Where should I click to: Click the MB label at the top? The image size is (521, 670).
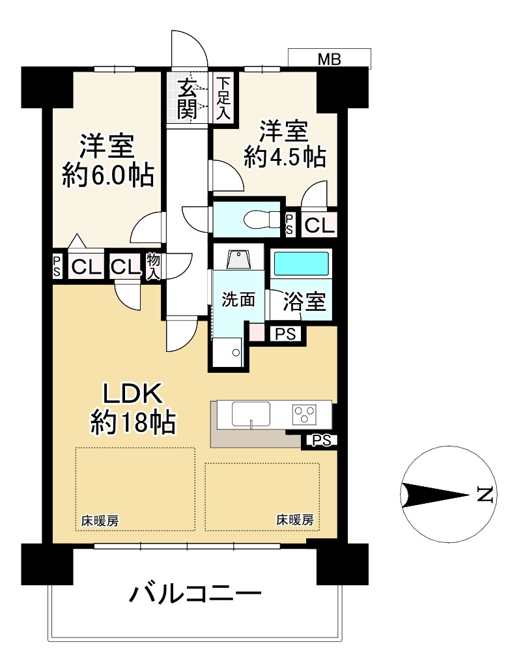330,59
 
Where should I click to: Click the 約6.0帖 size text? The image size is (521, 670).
108,175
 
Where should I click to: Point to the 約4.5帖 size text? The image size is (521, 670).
285,157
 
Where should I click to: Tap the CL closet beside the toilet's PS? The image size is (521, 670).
319,225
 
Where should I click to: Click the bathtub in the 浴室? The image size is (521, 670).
301,264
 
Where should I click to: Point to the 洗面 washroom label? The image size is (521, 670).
238,300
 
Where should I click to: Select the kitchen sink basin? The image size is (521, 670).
251,414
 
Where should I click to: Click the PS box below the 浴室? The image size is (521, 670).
286,334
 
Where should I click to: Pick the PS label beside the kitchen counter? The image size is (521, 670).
322,441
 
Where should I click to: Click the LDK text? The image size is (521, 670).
133,394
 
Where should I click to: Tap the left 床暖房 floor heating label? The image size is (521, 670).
100,521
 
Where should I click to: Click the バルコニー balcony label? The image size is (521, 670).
195,594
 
